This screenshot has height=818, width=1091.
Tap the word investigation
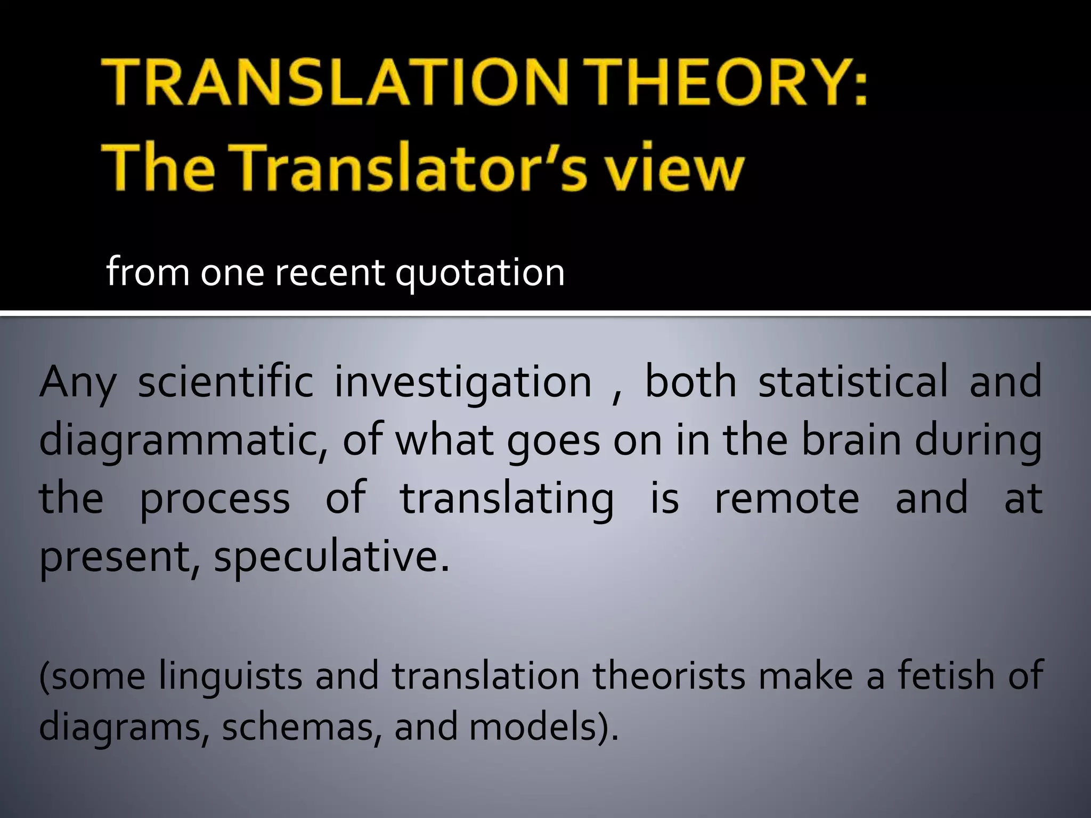(463, 383)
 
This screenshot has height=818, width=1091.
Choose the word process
(215, 500)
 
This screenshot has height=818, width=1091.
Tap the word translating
(507, 500)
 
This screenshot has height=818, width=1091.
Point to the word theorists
(669, 675)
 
